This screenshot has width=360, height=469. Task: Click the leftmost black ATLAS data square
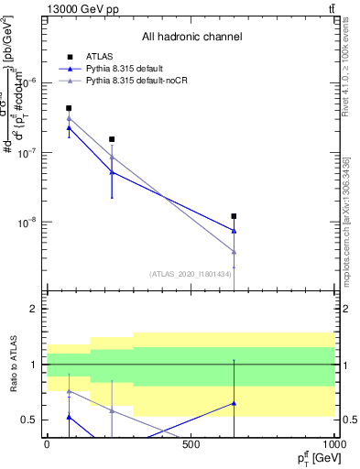click(x=69, y=108)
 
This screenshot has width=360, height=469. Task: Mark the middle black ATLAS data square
click(x=112, y=139)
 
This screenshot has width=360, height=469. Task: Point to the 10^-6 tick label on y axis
click(x=31, y=82)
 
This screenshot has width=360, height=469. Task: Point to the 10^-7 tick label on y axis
click(x=31, y=152)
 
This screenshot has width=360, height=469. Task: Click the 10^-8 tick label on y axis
click(x=31, y=222)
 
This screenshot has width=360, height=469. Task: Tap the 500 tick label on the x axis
click(x=191, y=444)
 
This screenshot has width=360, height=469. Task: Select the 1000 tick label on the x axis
click(x=333, y=444)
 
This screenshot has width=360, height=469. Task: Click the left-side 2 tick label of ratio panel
click(x=34, y=310)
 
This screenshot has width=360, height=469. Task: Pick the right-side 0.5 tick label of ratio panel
click(x=349, y=420)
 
